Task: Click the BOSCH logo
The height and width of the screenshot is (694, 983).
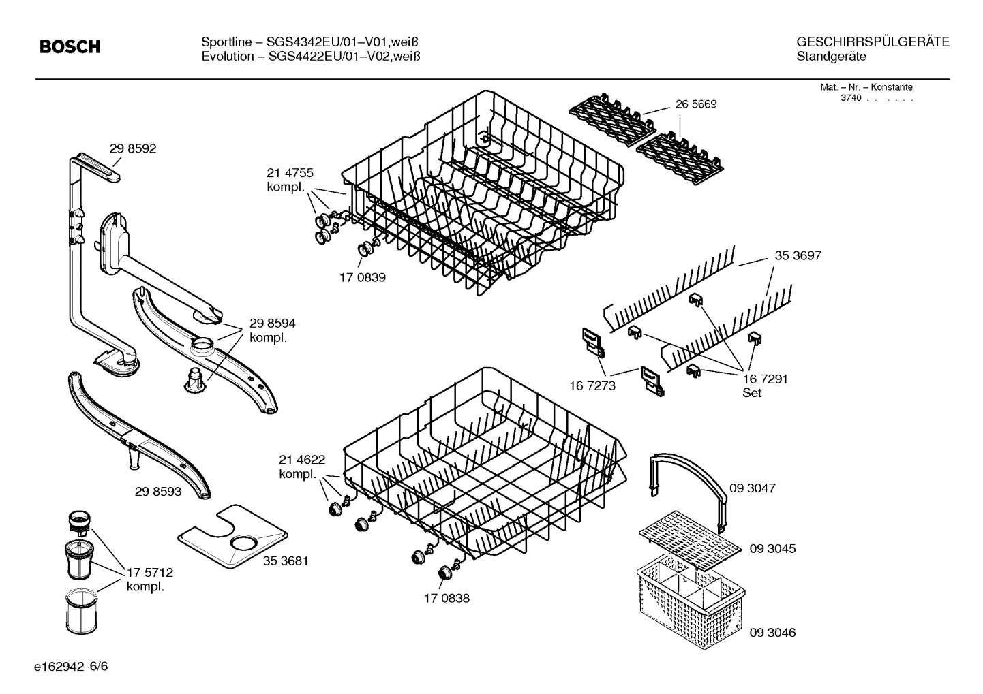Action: (x=70, y=46)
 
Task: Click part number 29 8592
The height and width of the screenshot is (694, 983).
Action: (x=132, y=148)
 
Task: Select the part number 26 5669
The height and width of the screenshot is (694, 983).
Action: (x=696, y=104)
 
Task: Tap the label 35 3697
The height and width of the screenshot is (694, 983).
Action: (x=798, y=256)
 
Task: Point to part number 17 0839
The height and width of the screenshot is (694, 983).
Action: (x=362, y=278)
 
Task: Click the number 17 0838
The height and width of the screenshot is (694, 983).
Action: (x=446, y=599)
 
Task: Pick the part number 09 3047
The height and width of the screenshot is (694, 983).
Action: (x=752, y=488)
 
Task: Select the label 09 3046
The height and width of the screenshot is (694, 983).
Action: (x=772, y=633)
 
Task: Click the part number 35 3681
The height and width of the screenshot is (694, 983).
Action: (x=286, y=561)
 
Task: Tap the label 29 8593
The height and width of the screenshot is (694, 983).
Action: (x=158, y=491)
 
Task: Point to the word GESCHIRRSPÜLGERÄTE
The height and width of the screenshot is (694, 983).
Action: (x=872, y=42)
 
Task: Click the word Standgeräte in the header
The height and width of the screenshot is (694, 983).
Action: (x=831, y=57)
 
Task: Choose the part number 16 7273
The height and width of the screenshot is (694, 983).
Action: (x=592, y=386)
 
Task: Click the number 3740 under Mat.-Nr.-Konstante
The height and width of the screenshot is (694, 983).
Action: (x=850, y=98)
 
